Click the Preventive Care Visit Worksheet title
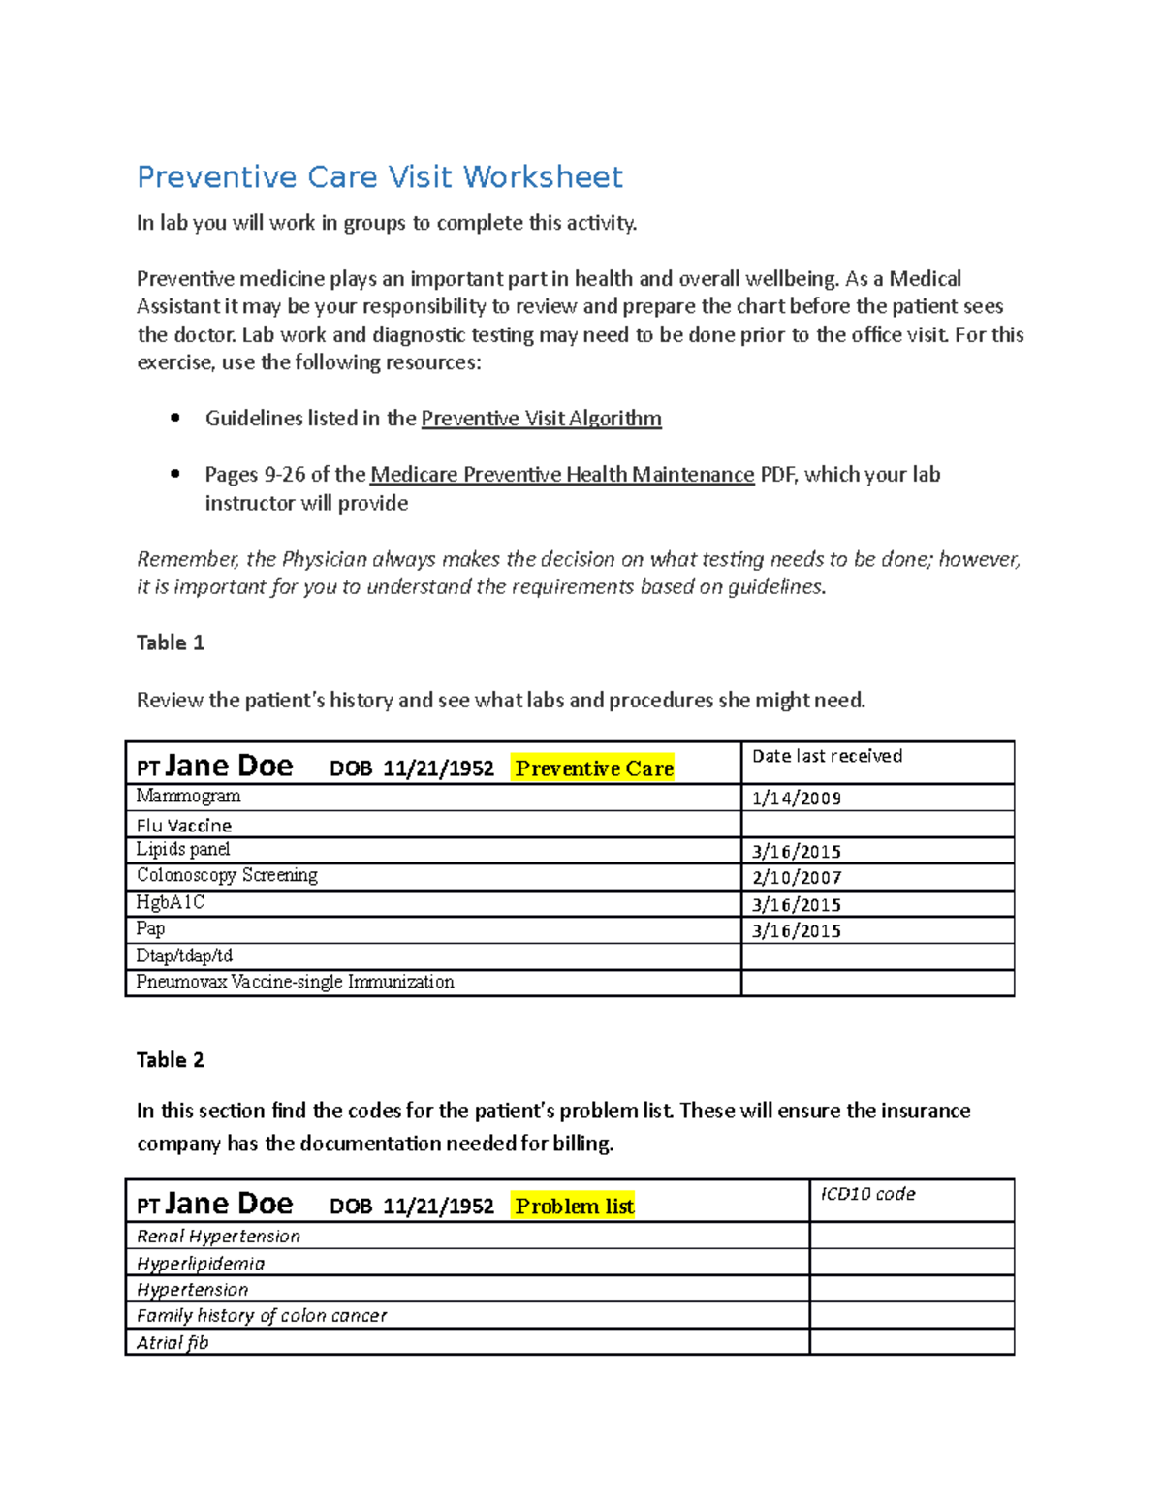379,177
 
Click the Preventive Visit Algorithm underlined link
541,419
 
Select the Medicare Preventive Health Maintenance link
562,475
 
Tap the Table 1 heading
170,643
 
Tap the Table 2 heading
170,1060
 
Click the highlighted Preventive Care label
593,768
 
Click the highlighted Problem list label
574,1207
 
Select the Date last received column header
827,756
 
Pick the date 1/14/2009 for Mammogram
796,799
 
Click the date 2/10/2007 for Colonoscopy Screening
796,878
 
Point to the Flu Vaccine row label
183,826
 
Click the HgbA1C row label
170,903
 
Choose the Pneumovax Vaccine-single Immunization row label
295,983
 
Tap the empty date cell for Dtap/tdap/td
877,956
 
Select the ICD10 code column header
867,1194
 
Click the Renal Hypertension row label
218,1237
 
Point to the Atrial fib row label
172,1343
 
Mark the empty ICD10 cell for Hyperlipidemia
911,1263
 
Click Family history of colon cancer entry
261,1316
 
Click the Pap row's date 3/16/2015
796,931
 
